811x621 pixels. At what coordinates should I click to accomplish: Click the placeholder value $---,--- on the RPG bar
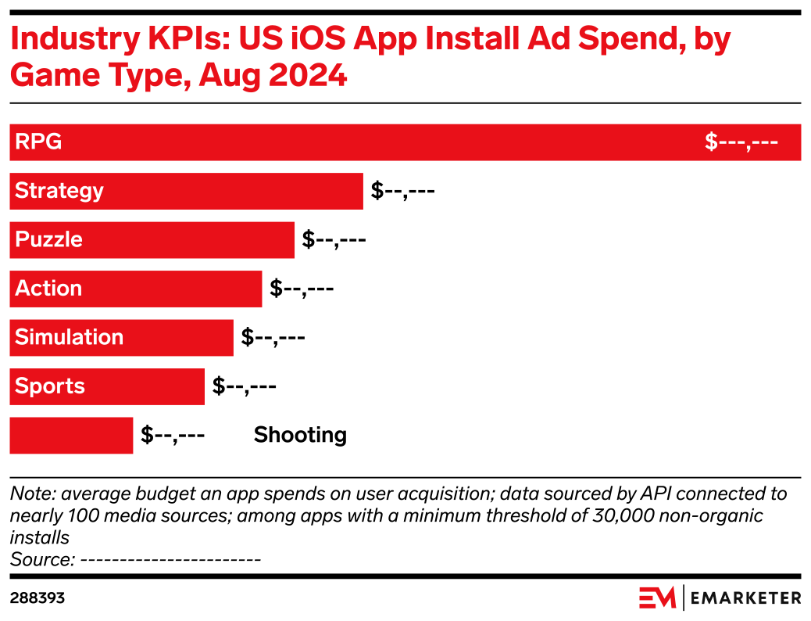(x=741, y=142)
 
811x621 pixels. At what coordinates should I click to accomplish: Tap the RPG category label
(x=38, y=142)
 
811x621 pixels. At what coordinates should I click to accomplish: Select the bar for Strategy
(x=234, y=191)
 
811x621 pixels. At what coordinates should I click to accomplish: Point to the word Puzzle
(x=48, y=239)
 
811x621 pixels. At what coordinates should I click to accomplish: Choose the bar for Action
(x=172, y=289)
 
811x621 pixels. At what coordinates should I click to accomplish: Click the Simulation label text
(x=69, y=337)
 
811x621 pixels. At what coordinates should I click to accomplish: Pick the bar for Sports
(x=141, y=386)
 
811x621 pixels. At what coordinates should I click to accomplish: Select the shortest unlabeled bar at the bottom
(x=71, y=436)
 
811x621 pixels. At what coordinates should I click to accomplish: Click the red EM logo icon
(x=657, y=598)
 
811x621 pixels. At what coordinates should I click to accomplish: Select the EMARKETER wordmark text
(x=746, y=598)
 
